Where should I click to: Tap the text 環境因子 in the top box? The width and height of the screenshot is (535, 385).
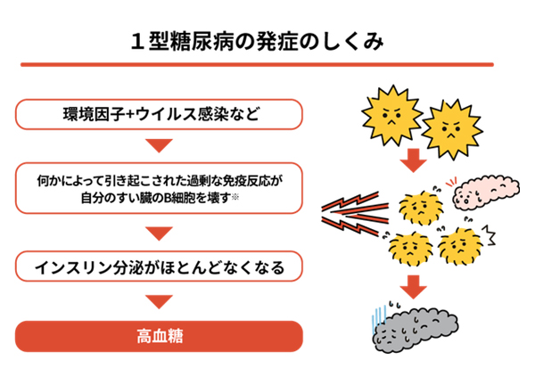point(90,115)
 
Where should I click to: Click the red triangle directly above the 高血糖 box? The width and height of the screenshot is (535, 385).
point(159,303)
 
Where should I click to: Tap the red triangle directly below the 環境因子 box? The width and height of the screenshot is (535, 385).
point(159,144)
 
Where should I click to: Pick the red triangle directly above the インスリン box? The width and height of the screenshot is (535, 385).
point(159,233)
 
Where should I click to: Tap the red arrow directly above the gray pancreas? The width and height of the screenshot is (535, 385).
point(412,287)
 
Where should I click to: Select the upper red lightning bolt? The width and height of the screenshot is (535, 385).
point(357,197)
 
